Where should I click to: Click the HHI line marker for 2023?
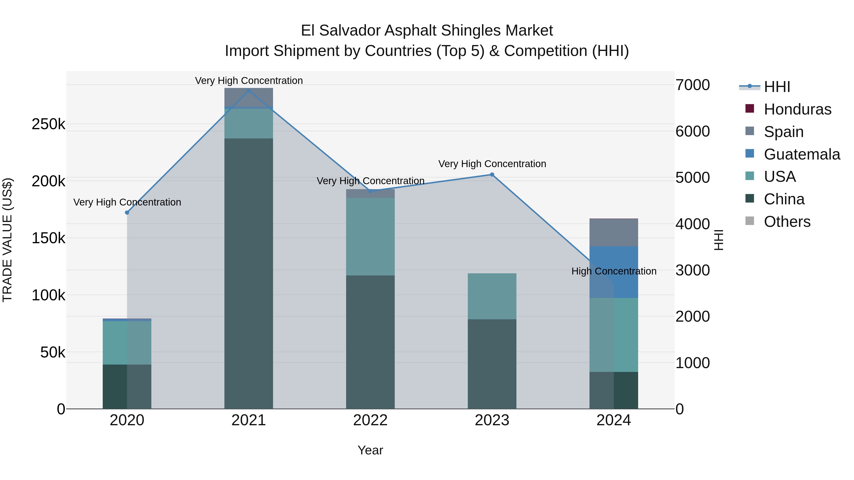click(x=492, y=174)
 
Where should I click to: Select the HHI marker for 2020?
click(x=127, y=212)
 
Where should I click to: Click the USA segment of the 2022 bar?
click(x=370, y=237)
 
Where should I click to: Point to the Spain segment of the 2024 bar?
click(x=614, y=233)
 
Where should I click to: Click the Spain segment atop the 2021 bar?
click(x=249, y=97)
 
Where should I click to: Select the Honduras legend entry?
click(x=797, y=109)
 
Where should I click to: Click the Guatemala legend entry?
click(x=802, y=154)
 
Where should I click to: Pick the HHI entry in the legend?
click(x=777, y=87)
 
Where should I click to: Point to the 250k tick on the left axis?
click(x=48, y=124)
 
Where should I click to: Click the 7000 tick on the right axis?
click(x=692, y=85)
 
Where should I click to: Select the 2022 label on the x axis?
click(x=370, y=420)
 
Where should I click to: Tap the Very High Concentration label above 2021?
click(x=249, y=81)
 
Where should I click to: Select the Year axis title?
click(x=370, y=450)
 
